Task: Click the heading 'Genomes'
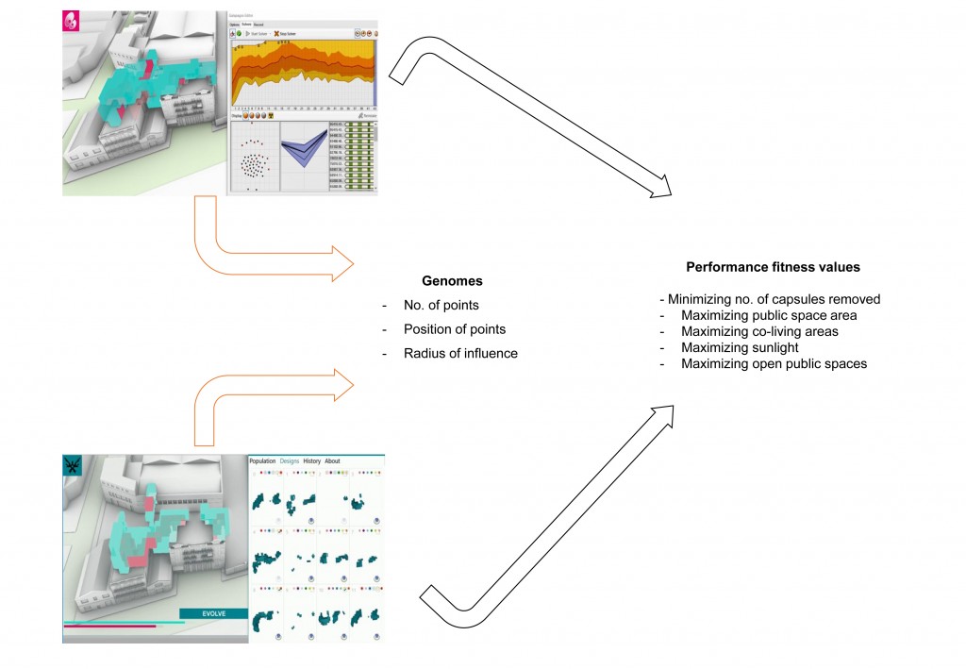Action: coord(451,281)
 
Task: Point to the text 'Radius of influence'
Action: coord(460,354)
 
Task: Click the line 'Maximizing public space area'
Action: coord(769,315)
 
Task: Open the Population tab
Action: coord(262,461)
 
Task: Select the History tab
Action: coord(311,461)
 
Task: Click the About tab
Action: coord(332,461)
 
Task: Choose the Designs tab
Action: coord(289,461)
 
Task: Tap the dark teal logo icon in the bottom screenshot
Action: coord(72,464)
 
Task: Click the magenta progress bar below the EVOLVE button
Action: coord(108,626)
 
